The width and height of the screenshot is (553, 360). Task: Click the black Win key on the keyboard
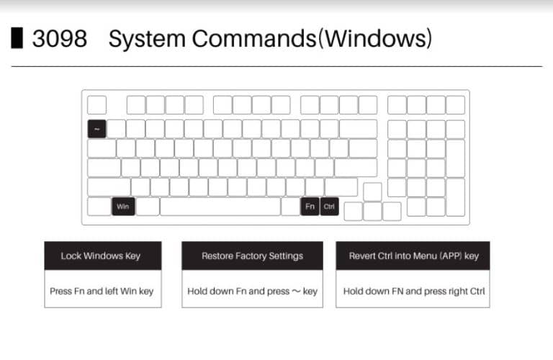pos(122,207)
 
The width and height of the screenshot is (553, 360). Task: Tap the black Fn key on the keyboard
pos(310,207)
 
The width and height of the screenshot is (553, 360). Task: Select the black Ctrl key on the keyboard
pos(329,207)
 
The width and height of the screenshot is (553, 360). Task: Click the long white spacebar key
pos(220,207)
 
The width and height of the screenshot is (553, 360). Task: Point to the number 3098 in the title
pos(59,39)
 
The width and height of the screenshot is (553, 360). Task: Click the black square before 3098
pos(17,38)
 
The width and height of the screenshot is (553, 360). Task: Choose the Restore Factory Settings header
pos(252,256)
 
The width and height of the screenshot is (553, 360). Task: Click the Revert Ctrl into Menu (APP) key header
pos(413,256)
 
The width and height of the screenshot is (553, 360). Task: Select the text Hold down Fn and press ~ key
pos(252,291)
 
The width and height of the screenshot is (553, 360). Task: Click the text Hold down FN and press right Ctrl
pos(413,291)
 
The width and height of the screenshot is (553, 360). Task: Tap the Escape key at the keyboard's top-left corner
pos(96,105)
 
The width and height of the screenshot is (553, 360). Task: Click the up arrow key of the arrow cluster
pos(372,192)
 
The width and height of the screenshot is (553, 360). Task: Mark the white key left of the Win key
pos(99,207)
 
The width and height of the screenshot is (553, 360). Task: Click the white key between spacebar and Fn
pos(291,207)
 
